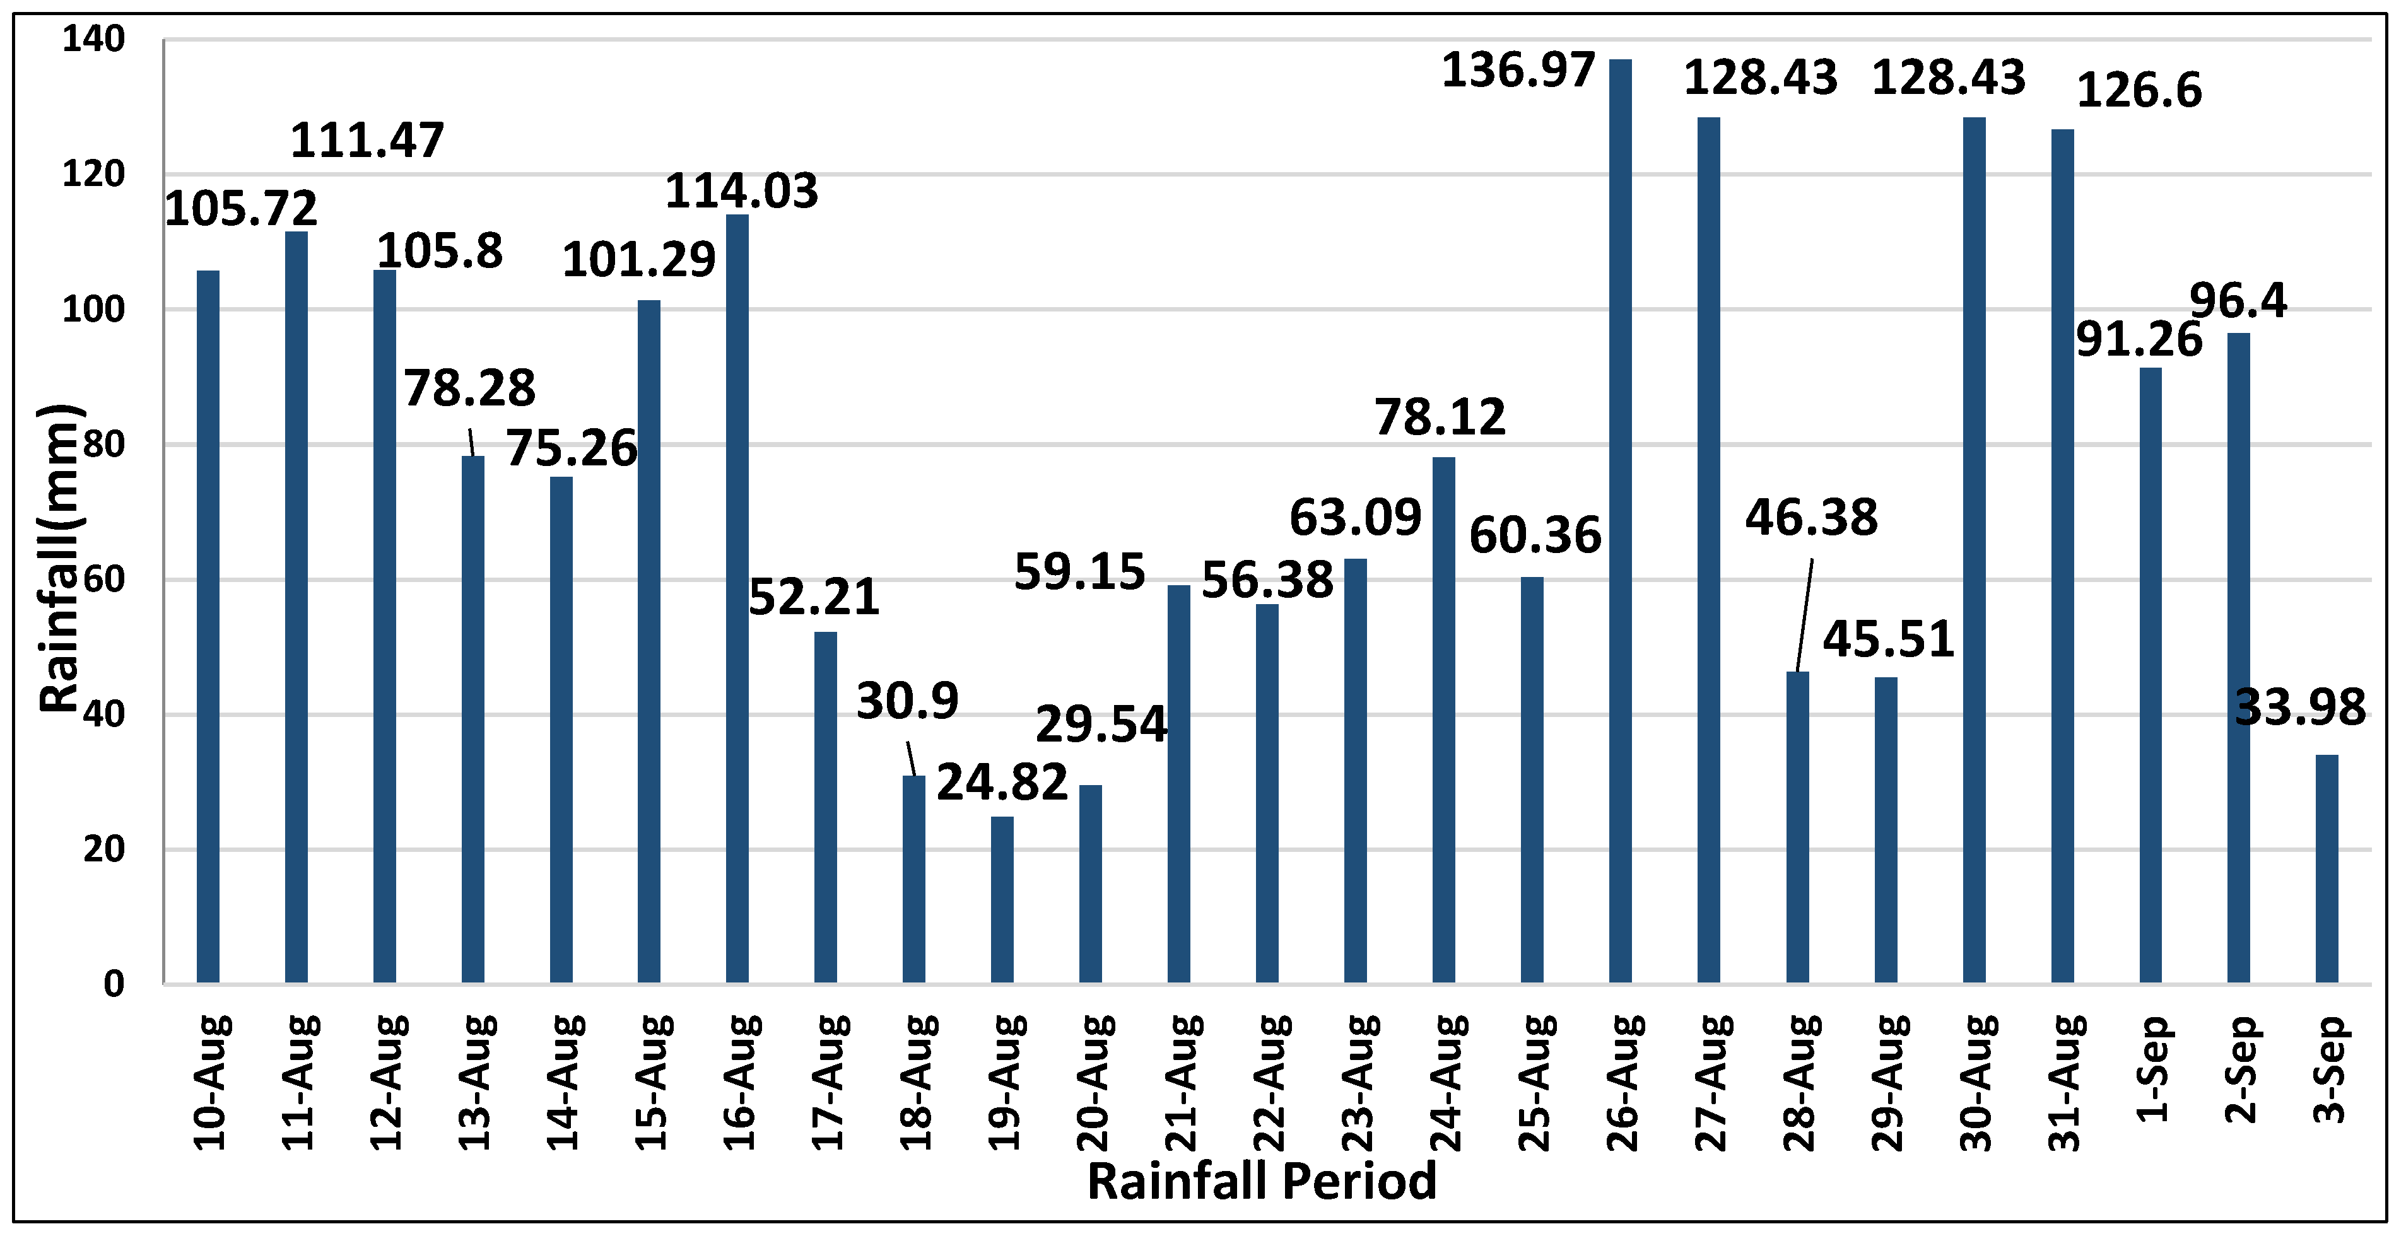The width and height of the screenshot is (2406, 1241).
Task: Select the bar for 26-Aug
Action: [1621, 523]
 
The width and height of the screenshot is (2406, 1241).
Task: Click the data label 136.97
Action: [1518, 71]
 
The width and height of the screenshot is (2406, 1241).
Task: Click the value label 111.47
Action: [367, 141]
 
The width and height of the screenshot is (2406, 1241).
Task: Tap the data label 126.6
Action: [2139, 91]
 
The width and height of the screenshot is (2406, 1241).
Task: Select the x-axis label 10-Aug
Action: [210, 1083]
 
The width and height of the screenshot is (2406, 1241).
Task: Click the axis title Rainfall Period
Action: [1262, 1181]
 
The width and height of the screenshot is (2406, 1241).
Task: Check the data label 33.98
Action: [2299, 708]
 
